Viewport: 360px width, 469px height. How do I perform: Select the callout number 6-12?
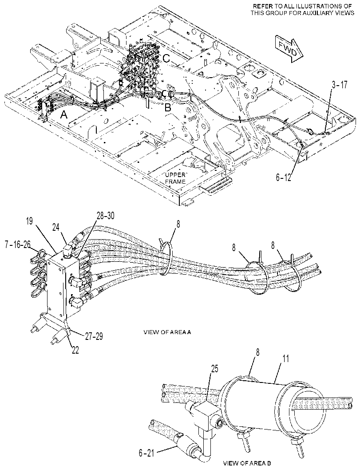click(283, 177)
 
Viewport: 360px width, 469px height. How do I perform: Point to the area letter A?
click(64, 115)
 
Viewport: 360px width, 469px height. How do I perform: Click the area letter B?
click(168, 107)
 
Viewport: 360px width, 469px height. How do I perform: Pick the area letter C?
click(166, 58)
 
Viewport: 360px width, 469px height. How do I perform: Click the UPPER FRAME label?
click(176, 178)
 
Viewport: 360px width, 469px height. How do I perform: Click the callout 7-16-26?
click(18, 245)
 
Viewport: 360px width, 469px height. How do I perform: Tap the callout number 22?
click(75, 350)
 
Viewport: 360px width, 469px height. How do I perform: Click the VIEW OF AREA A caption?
click(167, 332)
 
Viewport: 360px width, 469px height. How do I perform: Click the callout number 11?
click(286, 359)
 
